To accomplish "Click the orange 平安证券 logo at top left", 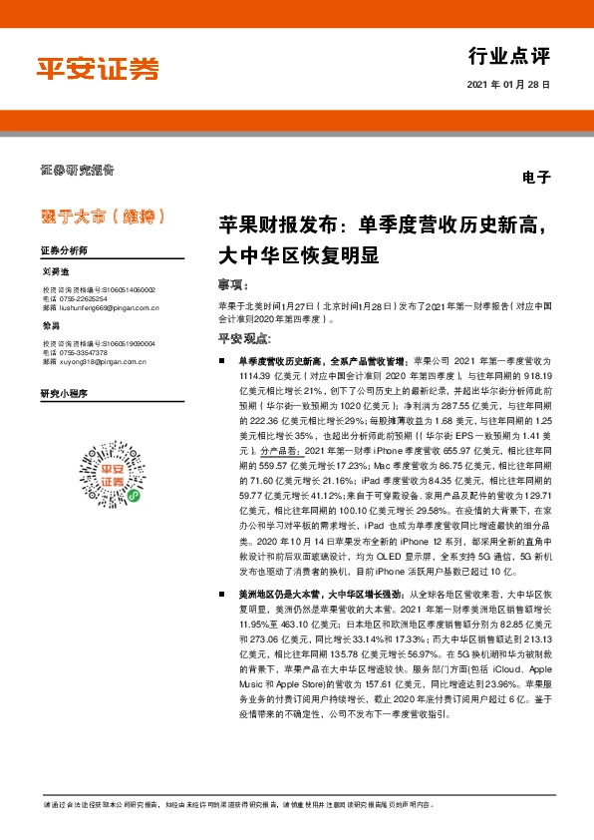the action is pyautogui.click(x=98, y=68).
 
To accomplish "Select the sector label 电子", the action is pyautogui.click(x=535, y=178).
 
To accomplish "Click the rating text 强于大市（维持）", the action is pyautogui.click(x=104, y=215).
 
